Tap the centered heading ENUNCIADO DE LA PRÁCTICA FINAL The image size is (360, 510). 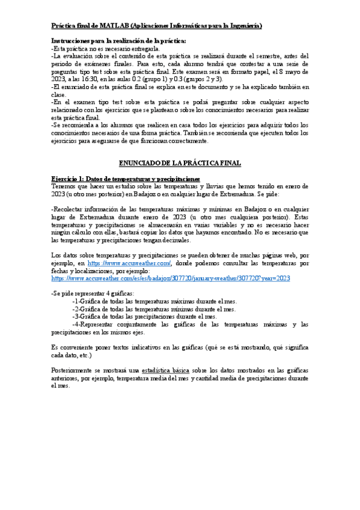[x=180, y=163]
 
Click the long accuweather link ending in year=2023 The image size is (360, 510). [x=171, y=278]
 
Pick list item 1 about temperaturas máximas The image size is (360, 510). [x=154, y=301]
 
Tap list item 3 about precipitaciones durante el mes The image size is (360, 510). [x=145, y=316]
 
